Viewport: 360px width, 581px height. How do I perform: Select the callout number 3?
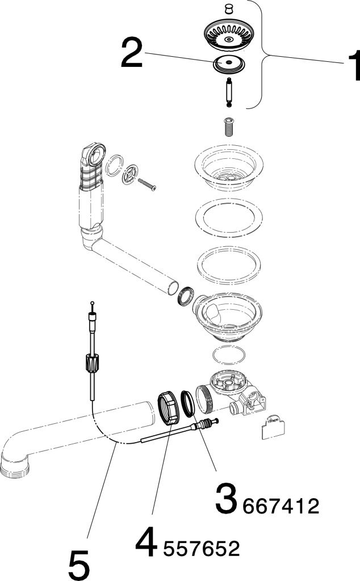[225, 498]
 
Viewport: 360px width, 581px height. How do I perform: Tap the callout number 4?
[147, 541]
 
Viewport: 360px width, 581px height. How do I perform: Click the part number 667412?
[281, 506]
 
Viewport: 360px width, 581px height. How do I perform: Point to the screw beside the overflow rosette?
[147, 185]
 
